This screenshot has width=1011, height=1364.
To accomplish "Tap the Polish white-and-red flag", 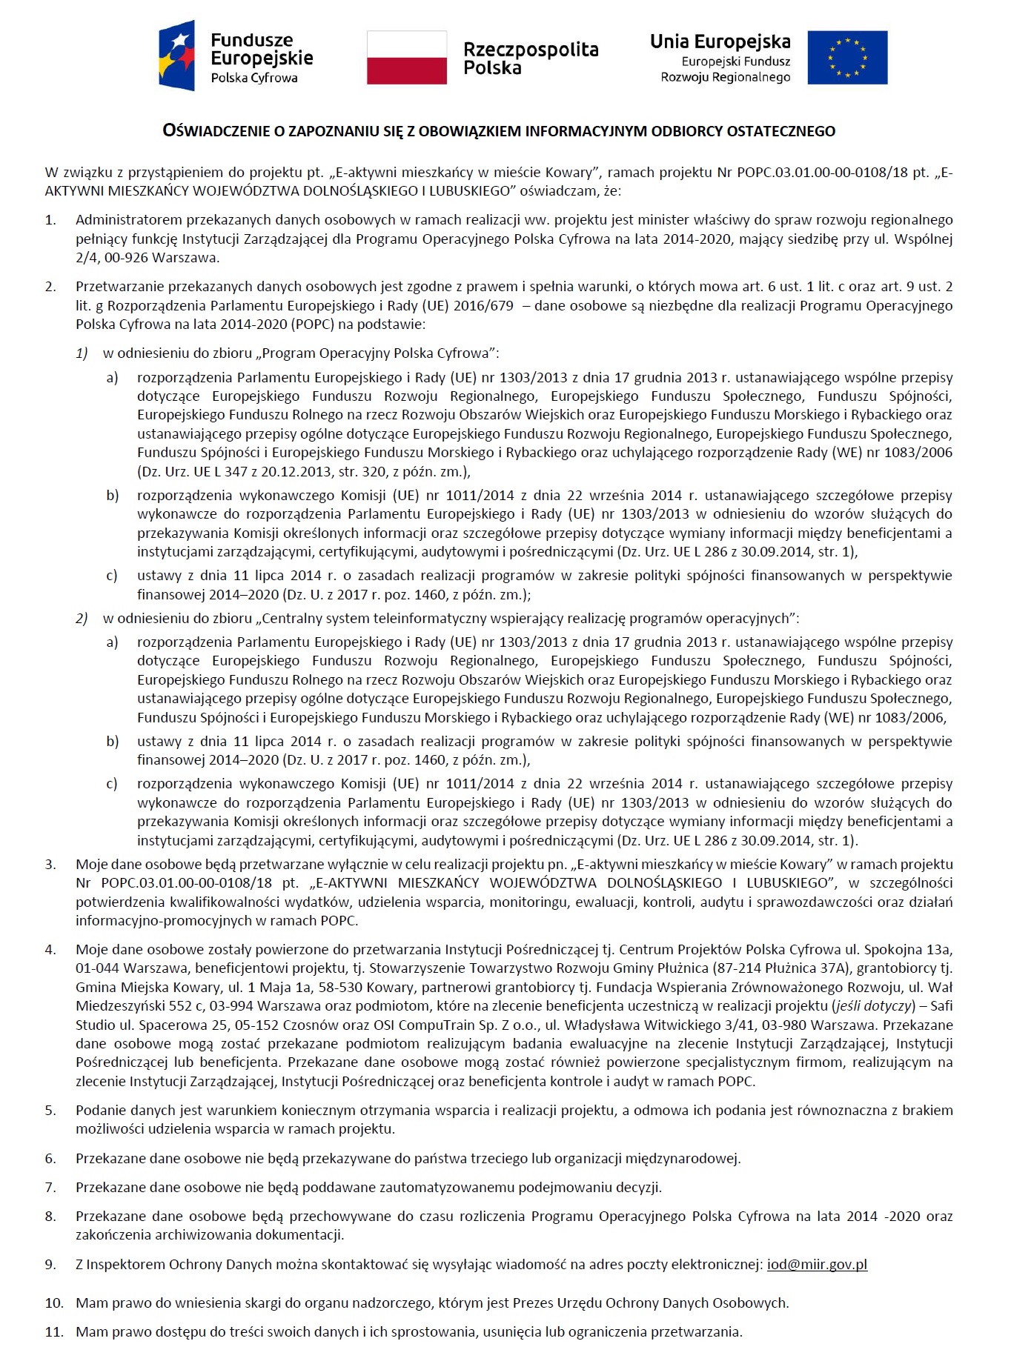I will (x=406, y=57).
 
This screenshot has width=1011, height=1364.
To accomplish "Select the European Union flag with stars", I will (x=846, y=57).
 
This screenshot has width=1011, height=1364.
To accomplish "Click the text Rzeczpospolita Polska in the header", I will (x=530, y=59).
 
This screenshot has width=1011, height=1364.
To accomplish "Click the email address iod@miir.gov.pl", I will (x=816, y=1265).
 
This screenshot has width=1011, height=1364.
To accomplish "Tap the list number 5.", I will (x=50, y=1111).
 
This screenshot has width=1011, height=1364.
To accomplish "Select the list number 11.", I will (x=53, y=1331).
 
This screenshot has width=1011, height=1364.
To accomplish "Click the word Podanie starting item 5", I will (x=98, y=1111).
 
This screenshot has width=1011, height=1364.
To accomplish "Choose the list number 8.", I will (x=50, y=1217).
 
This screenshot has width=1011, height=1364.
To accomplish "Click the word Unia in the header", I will (x=672, y=41).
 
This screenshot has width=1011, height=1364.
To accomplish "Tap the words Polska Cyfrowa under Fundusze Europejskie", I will (x=253, y=78).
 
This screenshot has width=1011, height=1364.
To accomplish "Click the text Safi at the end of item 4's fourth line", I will (x=941, y=1006).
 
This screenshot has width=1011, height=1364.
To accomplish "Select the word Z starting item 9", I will (x=79, y=1265).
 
